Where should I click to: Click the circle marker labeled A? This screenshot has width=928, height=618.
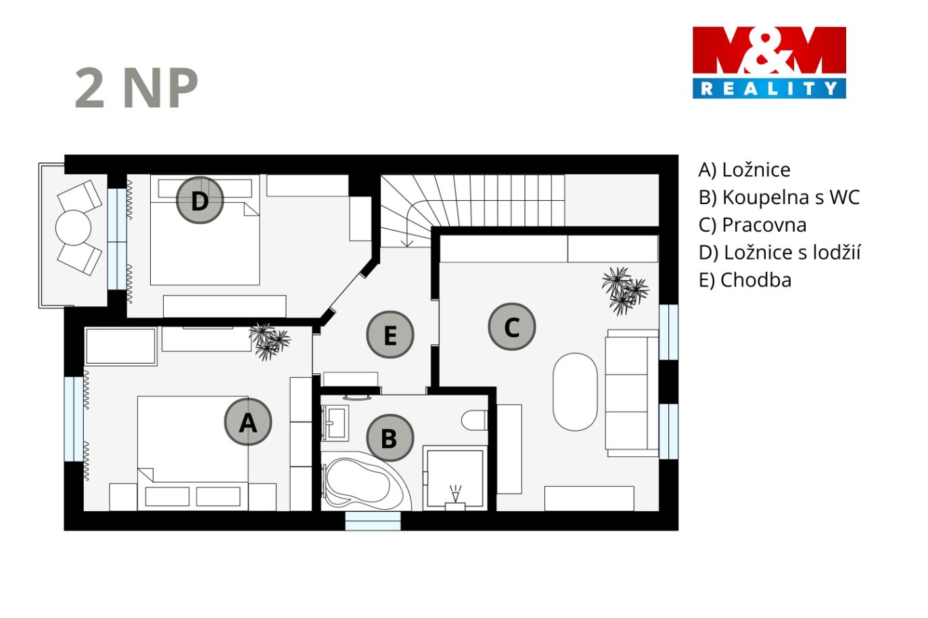248,422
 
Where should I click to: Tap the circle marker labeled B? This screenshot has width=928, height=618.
390,438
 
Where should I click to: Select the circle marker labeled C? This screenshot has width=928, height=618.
511,327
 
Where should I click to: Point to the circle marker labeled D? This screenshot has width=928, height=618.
200,200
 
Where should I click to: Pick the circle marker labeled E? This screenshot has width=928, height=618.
390,335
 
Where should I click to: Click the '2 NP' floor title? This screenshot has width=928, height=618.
137,88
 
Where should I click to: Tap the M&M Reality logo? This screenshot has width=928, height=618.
769,63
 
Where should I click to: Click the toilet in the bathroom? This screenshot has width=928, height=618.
475,421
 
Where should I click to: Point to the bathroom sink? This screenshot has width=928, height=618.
335,423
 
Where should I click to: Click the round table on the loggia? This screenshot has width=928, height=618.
73,228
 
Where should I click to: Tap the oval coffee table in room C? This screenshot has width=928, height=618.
575,392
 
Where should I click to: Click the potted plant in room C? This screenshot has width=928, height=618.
625,290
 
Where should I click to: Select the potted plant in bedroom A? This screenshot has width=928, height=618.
269,341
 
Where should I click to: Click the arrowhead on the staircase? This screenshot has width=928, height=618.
408,243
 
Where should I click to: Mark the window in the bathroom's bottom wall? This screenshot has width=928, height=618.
373,521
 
